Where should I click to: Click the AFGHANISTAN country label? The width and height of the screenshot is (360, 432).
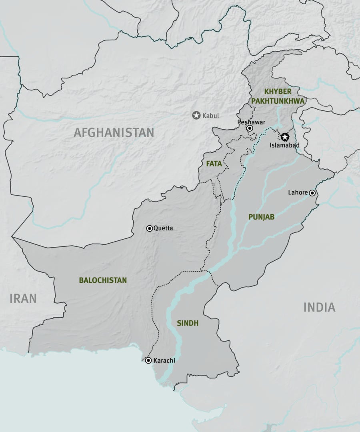114,132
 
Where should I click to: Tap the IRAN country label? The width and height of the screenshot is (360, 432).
23,298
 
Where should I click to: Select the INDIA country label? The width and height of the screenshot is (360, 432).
319,307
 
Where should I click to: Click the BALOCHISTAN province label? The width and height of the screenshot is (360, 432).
103,280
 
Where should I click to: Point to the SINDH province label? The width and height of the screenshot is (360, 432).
188,323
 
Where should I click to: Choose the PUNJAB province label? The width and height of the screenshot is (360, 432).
261,217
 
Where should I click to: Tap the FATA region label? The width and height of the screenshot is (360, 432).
214,164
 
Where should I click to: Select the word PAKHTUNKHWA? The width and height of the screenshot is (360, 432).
278,101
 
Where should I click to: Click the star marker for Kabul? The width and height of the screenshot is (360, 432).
196,116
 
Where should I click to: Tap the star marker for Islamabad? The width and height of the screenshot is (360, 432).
284,137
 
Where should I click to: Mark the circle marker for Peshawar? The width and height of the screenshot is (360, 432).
250,128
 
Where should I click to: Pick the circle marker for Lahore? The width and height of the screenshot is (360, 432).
312,193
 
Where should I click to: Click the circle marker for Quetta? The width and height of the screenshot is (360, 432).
150,228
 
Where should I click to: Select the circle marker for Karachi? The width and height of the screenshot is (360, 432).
148,360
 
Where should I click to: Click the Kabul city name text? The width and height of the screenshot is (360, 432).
210,116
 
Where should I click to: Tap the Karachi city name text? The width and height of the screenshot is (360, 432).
164,360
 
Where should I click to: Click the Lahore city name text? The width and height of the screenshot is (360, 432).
298,192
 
